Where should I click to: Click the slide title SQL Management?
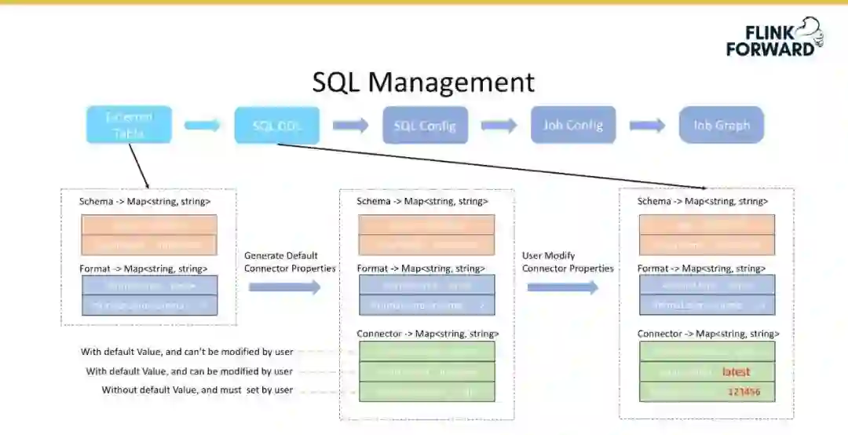coord(423,82)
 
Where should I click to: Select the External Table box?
coord(129,125)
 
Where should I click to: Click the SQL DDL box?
coord(276,126)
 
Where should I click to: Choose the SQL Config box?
coord(425,126)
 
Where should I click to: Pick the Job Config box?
coord(573,125)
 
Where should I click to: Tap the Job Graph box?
coord(721,125)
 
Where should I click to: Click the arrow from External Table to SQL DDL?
coord(203,125)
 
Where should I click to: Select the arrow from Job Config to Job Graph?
coord(647,125)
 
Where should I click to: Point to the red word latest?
coord(736,371)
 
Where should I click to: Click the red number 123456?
coord(744,391)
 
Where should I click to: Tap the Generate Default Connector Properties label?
coord(290,262)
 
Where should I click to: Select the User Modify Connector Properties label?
coord(568,262)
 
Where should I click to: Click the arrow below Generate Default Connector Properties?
coord(285,287)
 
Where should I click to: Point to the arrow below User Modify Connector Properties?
coord(562,287)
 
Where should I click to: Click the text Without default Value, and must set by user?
coord(197,390)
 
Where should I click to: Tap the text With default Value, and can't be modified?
coord(187,352)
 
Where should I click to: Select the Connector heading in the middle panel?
coord(427,334)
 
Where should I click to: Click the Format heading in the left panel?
coord(143,269)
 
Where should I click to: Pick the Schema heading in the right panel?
coord(703,202)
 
